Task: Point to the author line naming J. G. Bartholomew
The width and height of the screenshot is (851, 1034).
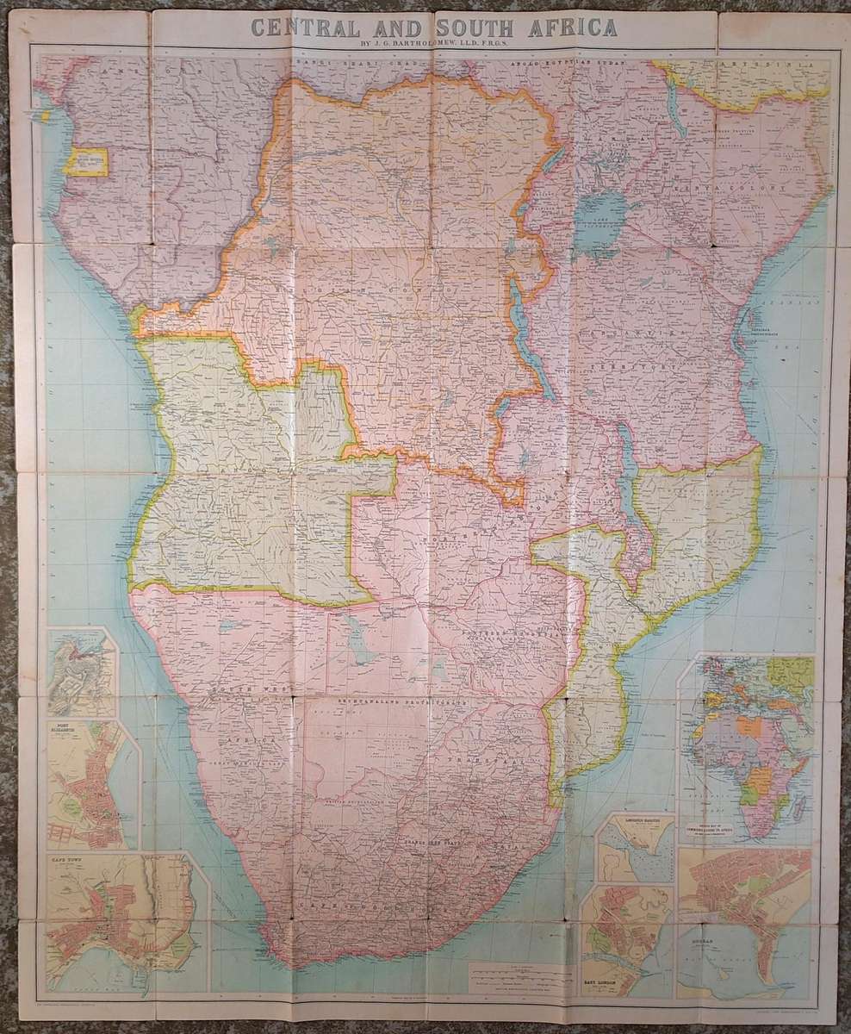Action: click(x=425, y=48)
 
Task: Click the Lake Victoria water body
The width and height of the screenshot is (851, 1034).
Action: click(x=604, y=215)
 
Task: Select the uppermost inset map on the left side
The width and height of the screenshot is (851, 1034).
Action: click(x=81, y=672)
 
